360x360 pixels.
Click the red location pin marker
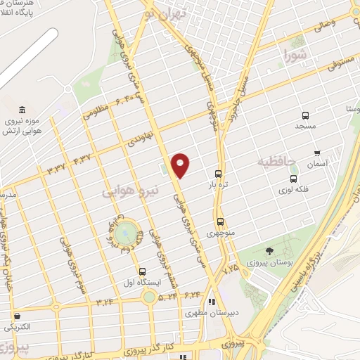[181, 165]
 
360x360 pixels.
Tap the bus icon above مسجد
[305, 115]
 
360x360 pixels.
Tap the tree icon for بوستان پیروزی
[269, 251]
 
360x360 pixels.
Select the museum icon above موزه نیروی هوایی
[23, 110]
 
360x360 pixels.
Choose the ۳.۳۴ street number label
[105, 302]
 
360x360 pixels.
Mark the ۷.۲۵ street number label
[230, 268]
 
